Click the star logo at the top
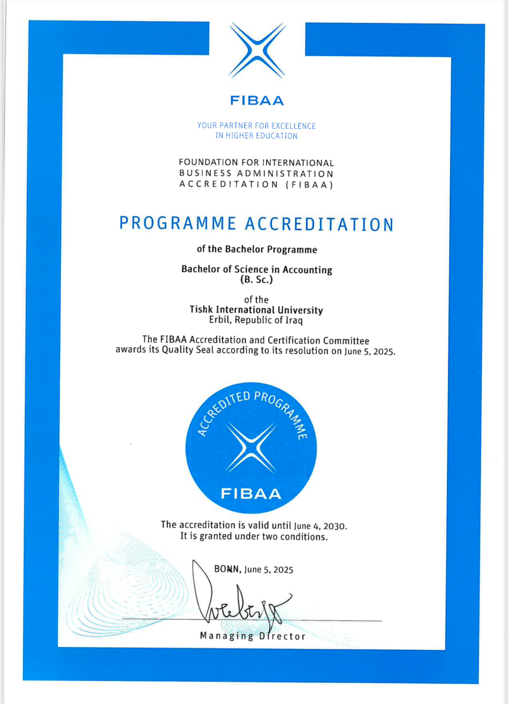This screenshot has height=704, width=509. pyautogui.click(x=257, y=50)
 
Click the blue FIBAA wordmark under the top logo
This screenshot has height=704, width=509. pyautogui.click(x=257, y=101)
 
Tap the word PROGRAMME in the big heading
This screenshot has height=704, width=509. pyautogui.click(x=177, y=224)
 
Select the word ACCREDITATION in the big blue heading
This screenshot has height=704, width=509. pyautogui.click(x=319, y=224)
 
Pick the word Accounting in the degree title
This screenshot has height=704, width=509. pyautogui.click(x=307, y=269)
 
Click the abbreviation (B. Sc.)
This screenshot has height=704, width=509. pyautogui.click(x=256, y=280)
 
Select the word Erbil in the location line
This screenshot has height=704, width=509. pyautogui.click(x=220, y=320)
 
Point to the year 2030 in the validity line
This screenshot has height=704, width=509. pyautogui.click(x=334, y=526)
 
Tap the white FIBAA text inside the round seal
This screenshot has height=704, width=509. pyautogui.click(x=251, y=494)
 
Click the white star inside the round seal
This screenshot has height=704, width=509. pyautogui.click(x=251, y=448)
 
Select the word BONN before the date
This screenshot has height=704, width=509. pyautogui.click(x=228, y=569)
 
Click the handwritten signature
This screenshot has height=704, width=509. pyautogui.click(x=239, y=601)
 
